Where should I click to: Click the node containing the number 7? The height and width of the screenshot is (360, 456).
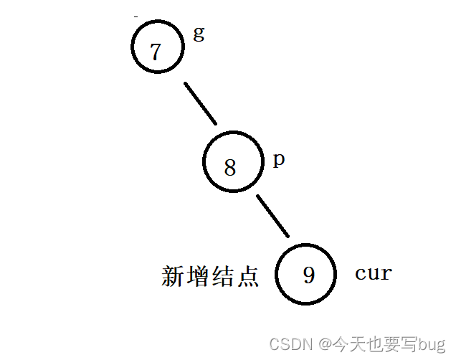[x=156, y=48]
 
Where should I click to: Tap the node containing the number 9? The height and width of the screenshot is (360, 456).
[x=307, y=274]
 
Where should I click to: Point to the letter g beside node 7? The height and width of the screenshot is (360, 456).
[x=198, y=34]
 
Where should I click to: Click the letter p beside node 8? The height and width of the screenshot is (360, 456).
[x=279, y=159]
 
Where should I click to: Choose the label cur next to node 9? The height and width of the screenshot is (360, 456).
[x=373, y=273]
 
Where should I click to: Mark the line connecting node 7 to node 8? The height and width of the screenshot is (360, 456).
[x=199, y=103]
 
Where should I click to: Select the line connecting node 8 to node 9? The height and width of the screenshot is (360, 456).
[x=272, y=215]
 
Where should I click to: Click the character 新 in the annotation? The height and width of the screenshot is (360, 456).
[x=174, y=277]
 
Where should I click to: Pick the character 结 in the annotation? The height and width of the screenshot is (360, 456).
[x=222, y=277]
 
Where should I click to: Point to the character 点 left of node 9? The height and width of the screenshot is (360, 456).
[x=247, y=277]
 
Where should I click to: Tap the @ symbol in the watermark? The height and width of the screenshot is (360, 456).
[x=326, y=344]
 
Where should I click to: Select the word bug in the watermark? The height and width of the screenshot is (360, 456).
[x=432, y=344]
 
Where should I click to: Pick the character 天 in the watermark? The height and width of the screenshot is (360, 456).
[x=356, y=344]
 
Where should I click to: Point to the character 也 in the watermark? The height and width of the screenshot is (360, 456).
[x=372, y=344]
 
